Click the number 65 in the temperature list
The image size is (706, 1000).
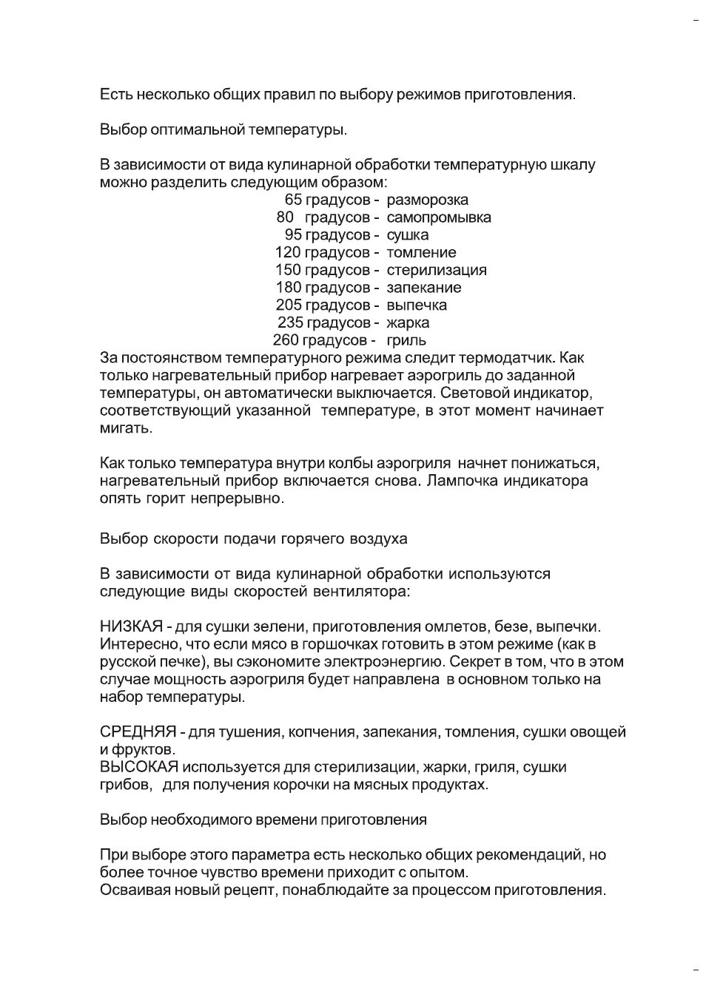point(293,200)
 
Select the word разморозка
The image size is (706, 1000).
point(427,200)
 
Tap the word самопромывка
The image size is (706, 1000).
point(438,217)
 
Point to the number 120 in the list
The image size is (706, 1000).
point(288,252)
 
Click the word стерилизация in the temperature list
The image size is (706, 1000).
point(436,270)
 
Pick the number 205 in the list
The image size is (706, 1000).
point(289,305)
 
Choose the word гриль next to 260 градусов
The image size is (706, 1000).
point(406,340)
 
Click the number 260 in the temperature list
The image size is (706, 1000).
point(286,340)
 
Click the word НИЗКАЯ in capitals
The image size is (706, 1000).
point(131,626)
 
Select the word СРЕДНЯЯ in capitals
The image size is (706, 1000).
point(138,732)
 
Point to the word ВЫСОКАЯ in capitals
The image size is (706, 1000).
point(139,767)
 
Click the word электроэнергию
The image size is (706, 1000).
point(389,662)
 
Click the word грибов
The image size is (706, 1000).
point(124,785)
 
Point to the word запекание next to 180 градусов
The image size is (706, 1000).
point(423,288)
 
